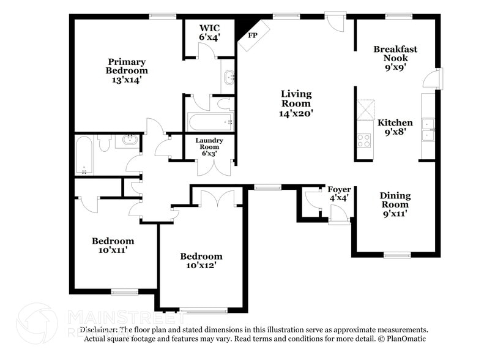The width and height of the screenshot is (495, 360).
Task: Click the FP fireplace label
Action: [251, 36]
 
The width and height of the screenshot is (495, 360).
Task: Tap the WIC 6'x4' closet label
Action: [209, 32]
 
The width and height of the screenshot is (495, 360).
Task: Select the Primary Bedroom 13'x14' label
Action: [127, 70]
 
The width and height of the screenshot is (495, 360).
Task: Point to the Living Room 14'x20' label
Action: [296, 103]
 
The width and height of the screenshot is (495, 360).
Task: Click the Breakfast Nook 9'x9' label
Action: [395, 58]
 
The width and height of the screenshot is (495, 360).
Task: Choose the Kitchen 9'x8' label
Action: [395, 127]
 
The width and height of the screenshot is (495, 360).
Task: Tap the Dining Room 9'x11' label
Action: [395, 204]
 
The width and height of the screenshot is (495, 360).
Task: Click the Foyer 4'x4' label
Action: [339, 193]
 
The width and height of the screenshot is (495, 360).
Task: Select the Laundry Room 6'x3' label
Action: [209, 146]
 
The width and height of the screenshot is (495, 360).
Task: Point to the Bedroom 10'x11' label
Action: [113, 245]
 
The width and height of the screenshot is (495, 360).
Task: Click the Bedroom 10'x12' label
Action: [201, 261]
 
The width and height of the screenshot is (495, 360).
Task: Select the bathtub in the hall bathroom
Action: [84, 155]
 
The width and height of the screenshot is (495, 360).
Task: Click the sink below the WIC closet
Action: [228, 78]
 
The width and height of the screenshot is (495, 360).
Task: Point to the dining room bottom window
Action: [396, 255]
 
